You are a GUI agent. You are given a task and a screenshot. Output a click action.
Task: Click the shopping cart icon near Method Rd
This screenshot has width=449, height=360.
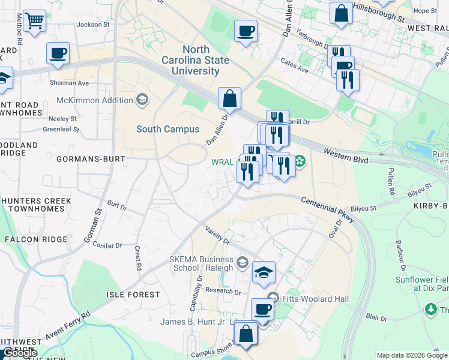[35, 22]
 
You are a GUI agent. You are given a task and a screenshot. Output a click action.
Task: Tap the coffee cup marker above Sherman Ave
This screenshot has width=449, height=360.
[58, 53]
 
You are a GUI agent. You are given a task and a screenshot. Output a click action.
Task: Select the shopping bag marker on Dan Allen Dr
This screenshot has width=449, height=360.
[229, 98]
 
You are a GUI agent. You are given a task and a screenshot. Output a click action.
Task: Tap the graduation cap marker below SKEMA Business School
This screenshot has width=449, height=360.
[264, 273]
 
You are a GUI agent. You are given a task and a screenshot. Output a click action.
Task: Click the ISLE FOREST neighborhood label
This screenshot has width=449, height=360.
[133, 295]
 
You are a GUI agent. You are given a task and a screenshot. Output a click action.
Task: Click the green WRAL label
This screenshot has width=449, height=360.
[222, 162]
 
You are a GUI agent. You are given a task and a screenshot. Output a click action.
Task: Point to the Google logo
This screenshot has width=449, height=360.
[19, 353]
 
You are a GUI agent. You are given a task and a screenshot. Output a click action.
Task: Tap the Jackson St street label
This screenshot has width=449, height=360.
[93, 25]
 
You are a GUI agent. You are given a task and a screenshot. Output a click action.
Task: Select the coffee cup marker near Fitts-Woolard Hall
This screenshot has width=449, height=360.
[262, 310]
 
